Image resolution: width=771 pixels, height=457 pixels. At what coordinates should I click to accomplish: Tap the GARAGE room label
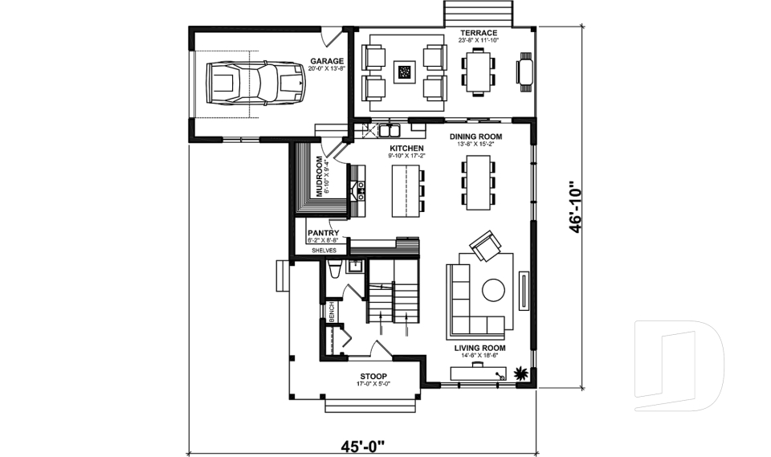click(327, 61)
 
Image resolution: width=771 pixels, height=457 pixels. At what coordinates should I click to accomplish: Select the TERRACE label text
click(478, 33)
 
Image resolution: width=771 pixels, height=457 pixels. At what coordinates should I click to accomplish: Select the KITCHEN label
click(406, 149)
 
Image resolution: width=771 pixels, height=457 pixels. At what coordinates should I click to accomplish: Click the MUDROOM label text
click(319, 176)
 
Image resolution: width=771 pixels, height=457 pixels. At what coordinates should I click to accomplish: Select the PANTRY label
click(322, 234)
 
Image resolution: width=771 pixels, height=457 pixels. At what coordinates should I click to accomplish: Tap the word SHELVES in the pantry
click(324, 251)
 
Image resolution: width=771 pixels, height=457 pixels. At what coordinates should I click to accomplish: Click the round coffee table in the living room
click(492, 289)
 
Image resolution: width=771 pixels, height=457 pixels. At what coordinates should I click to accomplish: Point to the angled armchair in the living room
click(484, 247)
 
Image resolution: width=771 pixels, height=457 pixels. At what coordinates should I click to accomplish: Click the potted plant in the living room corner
click(521, 373)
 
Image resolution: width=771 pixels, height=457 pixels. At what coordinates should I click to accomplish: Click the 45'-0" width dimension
click(362, 443)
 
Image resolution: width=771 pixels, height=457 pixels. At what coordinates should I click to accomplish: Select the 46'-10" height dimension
click(576, 207)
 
